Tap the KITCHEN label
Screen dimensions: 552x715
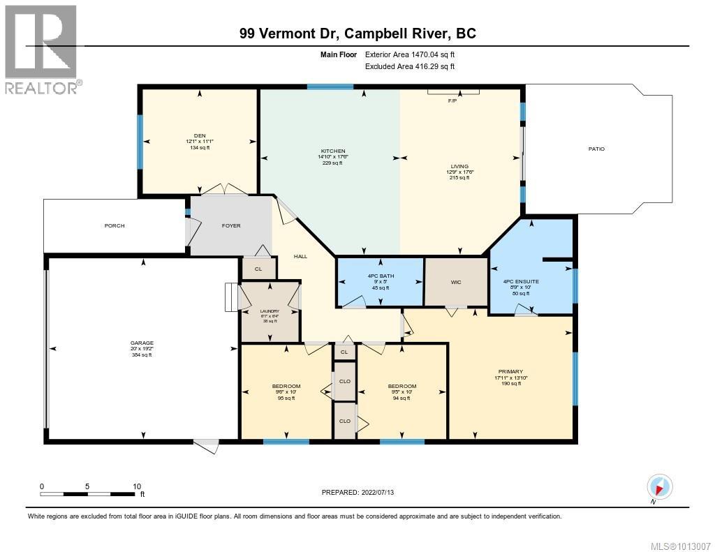333,151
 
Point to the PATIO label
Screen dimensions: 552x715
596,149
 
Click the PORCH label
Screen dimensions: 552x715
115,225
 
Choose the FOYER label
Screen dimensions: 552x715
231,225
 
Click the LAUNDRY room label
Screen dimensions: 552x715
270,311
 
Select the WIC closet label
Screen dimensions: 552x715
456,283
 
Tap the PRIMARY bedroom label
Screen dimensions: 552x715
510,371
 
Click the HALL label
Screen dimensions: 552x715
300,256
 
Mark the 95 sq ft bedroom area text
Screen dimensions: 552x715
286,398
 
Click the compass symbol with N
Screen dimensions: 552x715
659,486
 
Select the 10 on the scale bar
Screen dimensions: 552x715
137,486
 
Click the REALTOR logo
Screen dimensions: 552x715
43,49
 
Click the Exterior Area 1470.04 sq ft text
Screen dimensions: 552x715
410,54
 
